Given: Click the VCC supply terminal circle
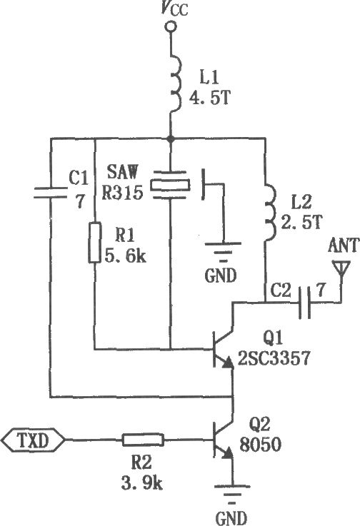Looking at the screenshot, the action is [x=171, y=26].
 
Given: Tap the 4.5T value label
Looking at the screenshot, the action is [x=210, y=98].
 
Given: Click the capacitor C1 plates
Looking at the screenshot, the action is [x=51, y=192].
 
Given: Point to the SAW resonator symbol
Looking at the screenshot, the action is [x=170, y=185].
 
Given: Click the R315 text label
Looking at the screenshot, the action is [x=122, y=192].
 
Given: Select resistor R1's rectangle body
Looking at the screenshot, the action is [x=95, y=242].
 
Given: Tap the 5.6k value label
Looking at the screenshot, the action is [x=126, y=256].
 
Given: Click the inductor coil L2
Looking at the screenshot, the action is [x=271, y=212].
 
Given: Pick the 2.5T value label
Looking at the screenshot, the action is [x=301, y=221].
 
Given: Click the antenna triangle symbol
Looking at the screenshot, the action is [x=341, y=268].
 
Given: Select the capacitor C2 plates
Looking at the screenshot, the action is [x=304, y=302].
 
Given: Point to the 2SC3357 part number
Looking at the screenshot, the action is [x=274, y=358].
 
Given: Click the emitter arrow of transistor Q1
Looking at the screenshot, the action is [x=228, y=363].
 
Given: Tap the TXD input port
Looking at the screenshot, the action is [x=33, y=440].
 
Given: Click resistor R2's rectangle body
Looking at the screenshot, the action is [x=143, y=440].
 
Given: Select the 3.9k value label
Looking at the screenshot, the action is [x=142, y=483].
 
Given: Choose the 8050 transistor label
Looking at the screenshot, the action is [x=260, y=445].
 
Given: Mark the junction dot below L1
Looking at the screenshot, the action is [x=171, y=138].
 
